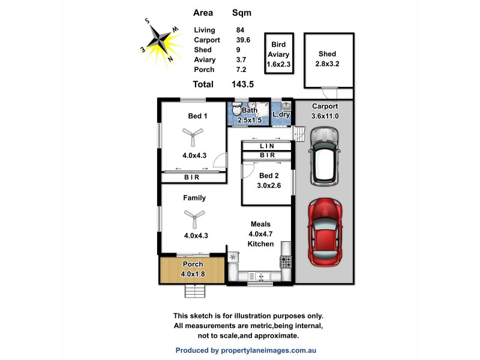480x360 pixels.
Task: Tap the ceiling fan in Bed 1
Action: click(193, 136)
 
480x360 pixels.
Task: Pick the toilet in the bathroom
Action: click(236, 112)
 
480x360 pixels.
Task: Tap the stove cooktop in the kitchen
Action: click(286, 262)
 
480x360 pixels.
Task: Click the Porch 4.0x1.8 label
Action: click(193, 269)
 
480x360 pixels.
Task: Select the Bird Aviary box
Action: click(278, 54)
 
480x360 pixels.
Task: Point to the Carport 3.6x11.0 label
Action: click(325, 111)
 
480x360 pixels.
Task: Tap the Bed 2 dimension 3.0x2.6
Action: click(268, 186)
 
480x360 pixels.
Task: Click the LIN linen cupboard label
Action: click(267, 146)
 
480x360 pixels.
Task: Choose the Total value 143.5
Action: click(242, 85)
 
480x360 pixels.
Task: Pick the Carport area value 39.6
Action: click(243, 40)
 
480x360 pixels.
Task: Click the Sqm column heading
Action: click(242, 12)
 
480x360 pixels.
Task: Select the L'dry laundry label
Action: click(281, 114)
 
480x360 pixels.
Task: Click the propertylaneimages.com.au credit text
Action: click(245, 350)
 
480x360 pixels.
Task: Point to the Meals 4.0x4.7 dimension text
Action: click(260, 234)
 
